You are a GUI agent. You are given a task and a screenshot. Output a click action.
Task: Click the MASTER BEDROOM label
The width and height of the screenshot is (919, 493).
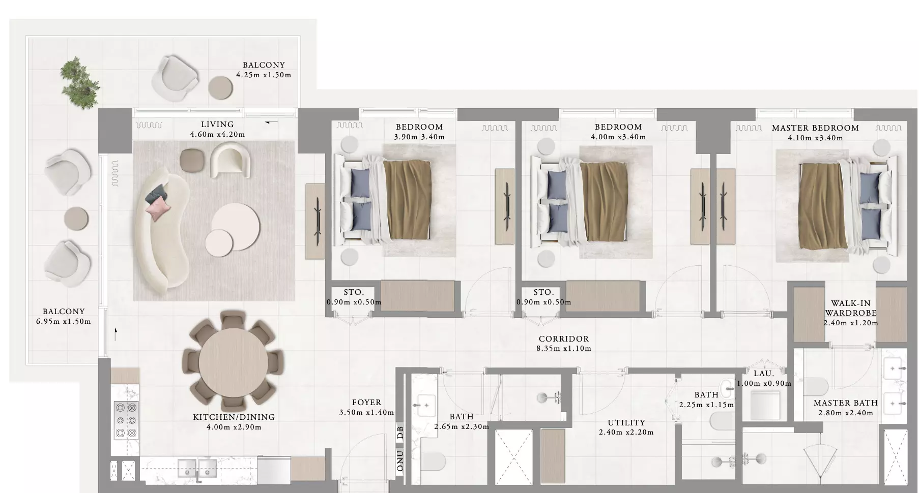(x=815, y=128)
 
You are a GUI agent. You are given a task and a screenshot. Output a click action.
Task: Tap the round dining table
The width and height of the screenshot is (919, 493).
(x=233, y=364)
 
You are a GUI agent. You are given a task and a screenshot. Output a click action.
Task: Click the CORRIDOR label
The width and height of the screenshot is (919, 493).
(x=564, y=339)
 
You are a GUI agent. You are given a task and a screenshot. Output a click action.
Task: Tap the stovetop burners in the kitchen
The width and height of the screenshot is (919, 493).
(x=126, y=420)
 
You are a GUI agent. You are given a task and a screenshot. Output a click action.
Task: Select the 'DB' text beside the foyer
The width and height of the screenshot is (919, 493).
(x=400, y=433)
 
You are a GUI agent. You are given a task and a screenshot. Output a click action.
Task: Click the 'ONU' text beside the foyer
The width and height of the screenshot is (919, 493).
(x=400, y=460)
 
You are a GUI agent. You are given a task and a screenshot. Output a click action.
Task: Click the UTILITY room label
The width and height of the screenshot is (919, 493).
(x=626, y=423)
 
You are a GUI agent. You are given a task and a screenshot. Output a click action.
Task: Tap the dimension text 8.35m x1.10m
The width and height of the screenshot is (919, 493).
(x=564, y=349)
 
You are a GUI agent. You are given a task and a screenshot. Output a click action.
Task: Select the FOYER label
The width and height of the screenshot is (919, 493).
(x=366, y=403)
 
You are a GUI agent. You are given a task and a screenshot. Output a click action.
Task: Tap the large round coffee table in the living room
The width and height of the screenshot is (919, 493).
(x=236, y=227)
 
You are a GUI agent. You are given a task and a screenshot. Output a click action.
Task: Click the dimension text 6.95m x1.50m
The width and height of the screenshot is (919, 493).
(x=64, y=321)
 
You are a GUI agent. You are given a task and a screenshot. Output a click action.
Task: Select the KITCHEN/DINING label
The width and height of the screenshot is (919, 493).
(x=234, y=417)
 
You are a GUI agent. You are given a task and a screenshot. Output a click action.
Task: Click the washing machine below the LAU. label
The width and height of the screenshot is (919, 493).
(x=765, y=405)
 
